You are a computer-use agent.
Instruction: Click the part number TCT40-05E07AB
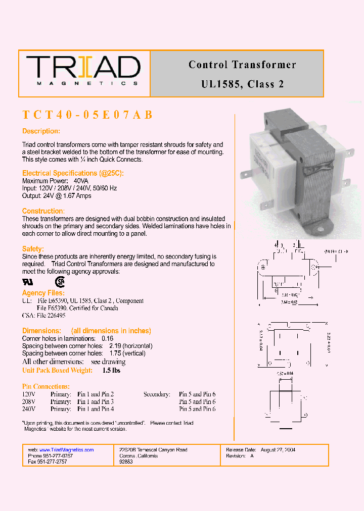(87, 115)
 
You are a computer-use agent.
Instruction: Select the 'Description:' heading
(41, 131)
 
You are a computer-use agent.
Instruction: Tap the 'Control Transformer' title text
(242, 65)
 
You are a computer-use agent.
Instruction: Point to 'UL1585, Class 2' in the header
(242, 84)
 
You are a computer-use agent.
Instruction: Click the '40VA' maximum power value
(81, 181)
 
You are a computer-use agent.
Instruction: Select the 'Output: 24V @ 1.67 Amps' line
(57, 196)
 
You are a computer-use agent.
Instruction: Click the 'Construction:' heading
(43, 211)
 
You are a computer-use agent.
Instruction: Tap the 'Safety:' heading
(33, 249)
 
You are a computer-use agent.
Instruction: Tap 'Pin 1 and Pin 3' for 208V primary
(96, 402)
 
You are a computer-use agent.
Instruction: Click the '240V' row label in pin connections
(29, 409)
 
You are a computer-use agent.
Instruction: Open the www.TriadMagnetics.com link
(66, 450)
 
